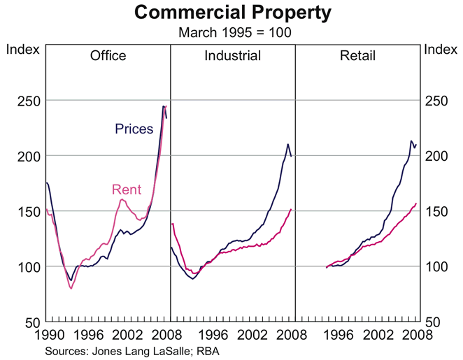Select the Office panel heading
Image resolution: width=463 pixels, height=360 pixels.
point(108,56)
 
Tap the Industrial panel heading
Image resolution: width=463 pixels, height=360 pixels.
point(232,56)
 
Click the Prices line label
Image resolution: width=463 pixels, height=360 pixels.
point(134,129)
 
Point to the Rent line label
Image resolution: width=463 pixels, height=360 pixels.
point(127,189)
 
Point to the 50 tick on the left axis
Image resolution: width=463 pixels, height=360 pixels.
point(30,322)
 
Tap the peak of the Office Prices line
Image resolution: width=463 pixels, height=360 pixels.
point(164,106)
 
